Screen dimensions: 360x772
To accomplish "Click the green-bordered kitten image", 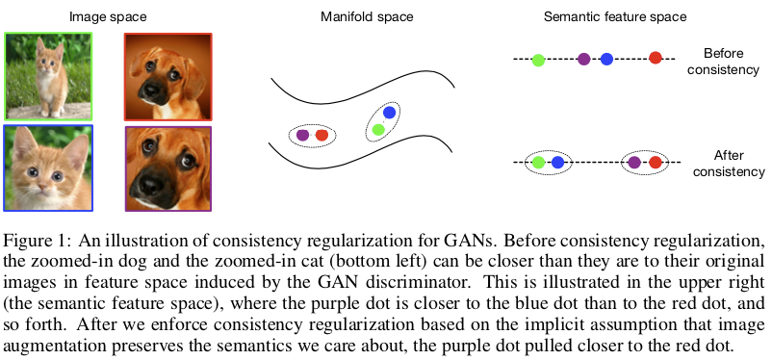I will click(48, 75).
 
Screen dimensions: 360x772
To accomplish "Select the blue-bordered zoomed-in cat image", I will click(48, 167).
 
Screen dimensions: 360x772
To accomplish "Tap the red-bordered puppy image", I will click(168, 75).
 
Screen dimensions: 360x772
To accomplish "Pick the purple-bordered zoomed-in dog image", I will click(168, 167).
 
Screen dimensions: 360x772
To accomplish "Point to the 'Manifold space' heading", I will click(368, 15).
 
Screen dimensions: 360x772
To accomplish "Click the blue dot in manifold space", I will click(388, 113).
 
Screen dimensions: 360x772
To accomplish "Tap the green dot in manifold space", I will click(379, 129).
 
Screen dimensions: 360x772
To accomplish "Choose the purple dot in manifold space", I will click(303, 136).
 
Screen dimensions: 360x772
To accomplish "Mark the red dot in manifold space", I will click(322, 136).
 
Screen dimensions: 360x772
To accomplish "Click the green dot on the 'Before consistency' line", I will click(538, 60).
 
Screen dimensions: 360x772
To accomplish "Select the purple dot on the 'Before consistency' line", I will click(583, 60).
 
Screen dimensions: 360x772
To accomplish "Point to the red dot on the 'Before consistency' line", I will click(656, 60).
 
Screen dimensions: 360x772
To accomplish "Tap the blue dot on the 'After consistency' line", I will click(558, 163).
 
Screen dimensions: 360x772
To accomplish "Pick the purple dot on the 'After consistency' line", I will click(634, 163).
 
